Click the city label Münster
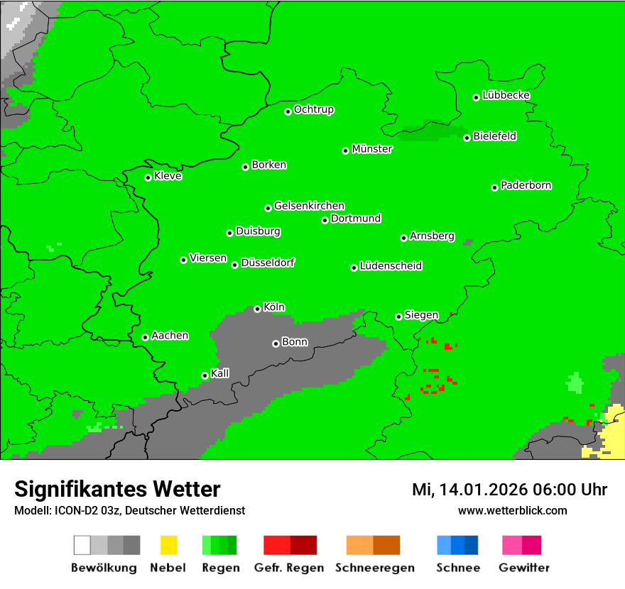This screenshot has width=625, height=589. [372, 149]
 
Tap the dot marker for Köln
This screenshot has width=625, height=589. [258, 309]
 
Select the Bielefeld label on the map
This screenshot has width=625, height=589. [495, 136]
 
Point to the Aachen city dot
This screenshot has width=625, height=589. [146, 337]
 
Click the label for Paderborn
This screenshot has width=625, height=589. [526, 185]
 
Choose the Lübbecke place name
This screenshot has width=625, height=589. [506, 95]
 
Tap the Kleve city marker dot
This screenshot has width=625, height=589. [148, 177]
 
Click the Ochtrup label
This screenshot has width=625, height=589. [314, 110]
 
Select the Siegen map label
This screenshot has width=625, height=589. [422, 315]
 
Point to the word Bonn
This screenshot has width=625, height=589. [295, 342]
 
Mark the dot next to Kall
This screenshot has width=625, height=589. [205, 375]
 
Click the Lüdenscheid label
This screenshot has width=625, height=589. [391, 266]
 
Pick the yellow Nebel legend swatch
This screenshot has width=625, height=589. [168, 545]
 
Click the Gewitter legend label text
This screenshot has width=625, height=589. [524, 568]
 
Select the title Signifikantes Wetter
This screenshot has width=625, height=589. [117, 489]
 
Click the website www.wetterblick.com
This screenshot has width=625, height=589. [513, 510]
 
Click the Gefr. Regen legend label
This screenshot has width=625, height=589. [289, 568]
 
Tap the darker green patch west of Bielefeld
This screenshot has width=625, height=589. [430, 131]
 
